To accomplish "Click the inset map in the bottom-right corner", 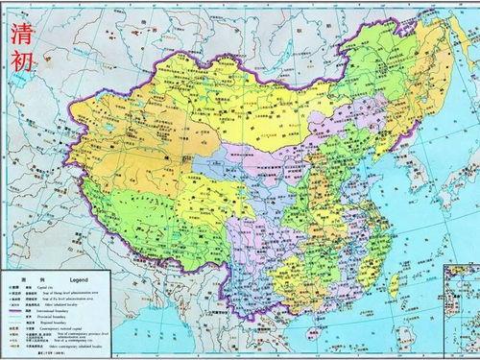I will (x=455, y=317).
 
